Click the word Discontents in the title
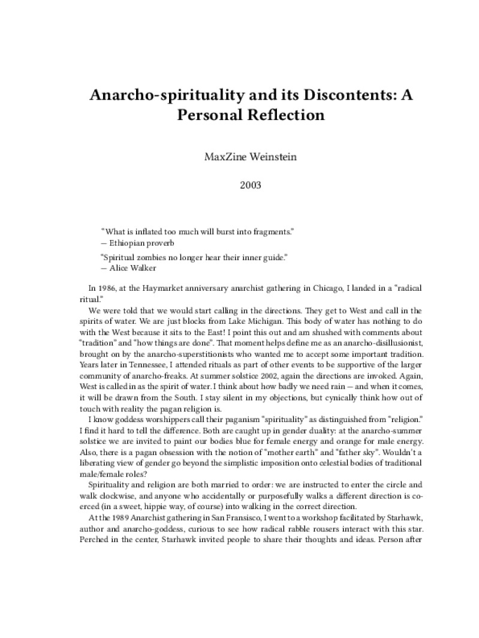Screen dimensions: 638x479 [x=326, y=95]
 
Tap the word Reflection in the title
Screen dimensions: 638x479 [x=282, y=115]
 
